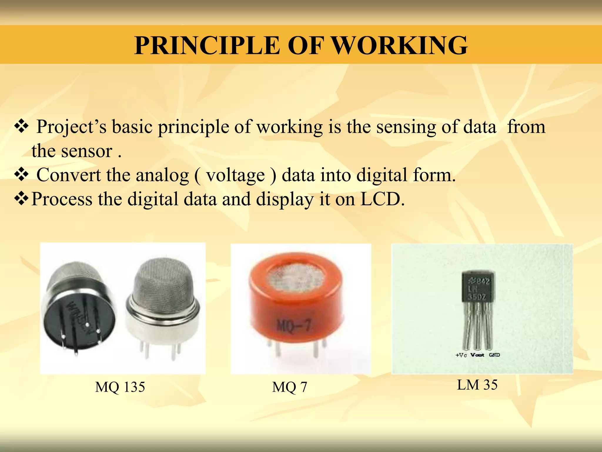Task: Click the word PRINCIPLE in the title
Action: tap(207, 45)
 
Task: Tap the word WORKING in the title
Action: tap(400, 45)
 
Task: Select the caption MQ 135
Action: tap(120, 387)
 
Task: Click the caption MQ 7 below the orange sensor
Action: tap(290, 387)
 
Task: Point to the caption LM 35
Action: tap(477, 385)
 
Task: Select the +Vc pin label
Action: tap(461, 355)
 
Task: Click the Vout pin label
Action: tap(477, 355)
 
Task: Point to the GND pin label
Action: tap(494, 355)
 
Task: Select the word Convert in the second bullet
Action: tap(68, 175)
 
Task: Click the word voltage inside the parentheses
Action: tap(235, 175)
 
